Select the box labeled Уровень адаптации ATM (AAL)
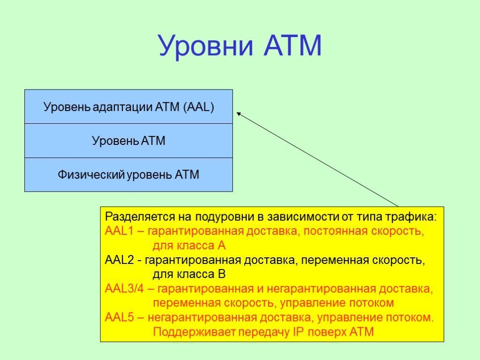click(128, 107)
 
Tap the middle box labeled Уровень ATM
click(128, 141)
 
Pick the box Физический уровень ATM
click(128, 175)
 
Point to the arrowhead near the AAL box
click(239, 113)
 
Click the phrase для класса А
click(189, 246)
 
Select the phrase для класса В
click(189, 274)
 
